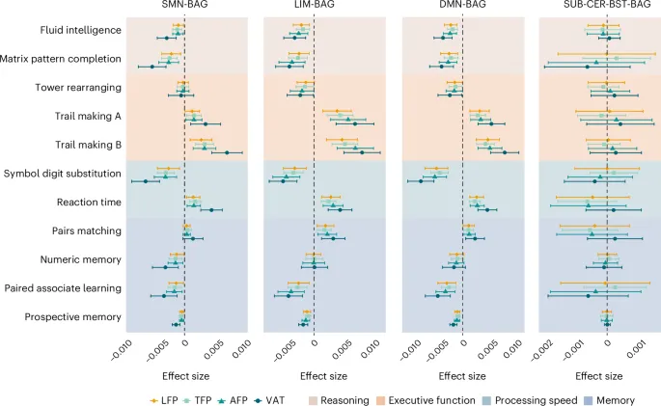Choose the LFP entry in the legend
point(162,399)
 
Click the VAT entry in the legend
point(268,399)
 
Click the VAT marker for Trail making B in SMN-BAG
point(227,152)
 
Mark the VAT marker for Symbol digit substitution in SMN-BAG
point(146,181)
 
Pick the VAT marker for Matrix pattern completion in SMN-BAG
point(152,67)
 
